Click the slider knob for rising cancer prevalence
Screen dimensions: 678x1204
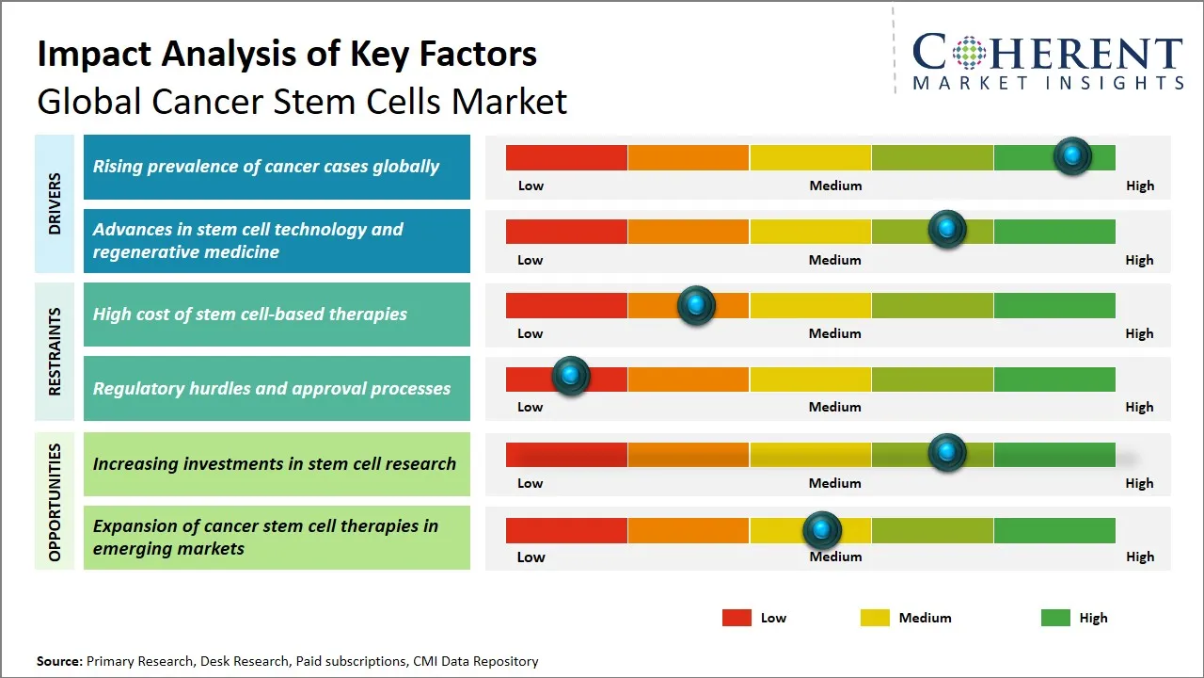[x=1072, y=156]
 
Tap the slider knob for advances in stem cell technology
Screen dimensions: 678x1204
[x=947, y=229]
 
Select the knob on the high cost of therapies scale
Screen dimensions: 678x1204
[x=696, y=305]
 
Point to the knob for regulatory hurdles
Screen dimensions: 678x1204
[x=570, y=376]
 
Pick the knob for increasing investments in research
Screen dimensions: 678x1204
[x=947, y=453]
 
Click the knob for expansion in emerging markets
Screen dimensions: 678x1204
[x=822, y=530]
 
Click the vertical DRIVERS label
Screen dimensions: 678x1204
[x=55, y=203]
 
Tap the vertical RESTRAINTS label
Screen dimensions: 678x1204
[x=55, y=351]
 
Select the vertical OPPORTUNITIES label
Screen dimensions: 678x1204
[x=55, y=502]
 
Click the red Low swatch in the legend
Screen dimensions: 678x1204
[x=737, y=618]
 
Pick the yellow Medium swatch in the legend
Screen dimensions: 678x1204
[x=875, y=618]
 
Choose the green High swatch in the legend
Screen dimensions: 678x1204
[x=1055, y=618]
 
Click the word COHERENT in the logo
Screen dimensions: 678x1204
[x=1048, y=53]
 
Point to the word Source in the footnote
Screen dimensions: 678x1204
[x=58, y=661]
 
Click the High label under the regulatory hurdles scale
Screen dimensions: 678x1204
[x=1139, y=407]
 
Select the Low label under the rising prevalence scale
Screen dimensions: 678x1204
[x=531, y=186]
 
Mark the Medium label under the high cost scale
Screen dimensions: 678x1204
[x=835, y=333]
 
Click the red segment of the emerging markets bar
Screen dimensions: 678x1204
[x=566, y=531]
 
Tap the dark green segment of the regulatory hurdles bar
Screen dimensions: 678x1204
[x=1053, y=379]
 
